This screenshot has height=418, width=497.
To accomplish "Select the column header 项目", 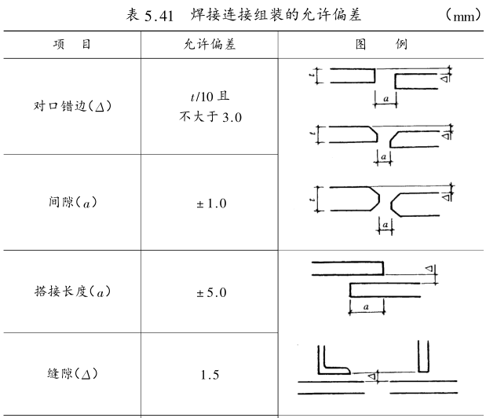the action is (x=71, y=45).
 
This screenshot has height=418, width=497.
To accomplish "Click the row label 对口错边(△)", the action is (x=71, y=107).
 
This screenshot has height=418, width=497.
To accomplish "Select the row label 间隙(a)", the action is (x=71, y=203).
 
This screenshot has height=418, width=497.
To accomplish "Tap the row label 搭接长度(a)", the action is (x=71, y=292).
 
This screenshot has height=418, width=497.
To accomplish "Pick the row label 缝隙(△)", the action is (x=71, y=374).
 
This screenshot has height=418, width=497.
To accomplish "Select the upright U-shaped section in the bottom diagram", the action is (x=425, y=357).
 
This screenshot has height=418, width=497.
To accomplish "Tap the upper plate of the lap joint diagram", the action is (x=346, y=267).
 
